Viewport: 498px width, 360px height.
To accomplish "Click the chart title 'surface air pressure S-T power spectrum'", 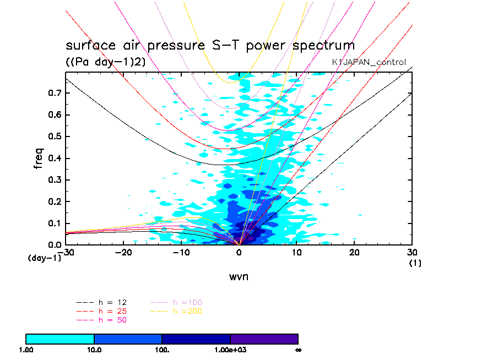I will coord(210,45).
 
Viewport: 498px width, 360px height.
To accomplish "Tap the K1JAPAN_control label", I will coord(369,62).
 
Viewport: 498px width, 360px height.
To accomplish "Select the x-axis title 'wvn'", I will coord(239,276).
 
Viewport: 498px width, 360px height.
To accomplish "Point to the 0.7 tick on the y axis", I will coord(54,93).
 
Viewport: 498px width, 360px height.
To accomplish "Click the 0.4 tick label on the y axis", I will coord(54,159).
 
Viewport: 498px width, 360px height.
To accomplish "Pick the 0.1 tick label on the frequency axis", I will coord(54,223).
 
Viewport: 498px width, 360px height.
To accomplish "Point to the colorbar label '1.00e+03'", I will coord(230,350).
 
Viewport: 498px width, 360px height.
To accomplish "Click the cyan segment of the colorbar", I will coord(60,339).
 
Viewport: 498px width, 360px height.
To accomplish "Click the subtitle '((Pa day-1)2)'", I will coord(106,62).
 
